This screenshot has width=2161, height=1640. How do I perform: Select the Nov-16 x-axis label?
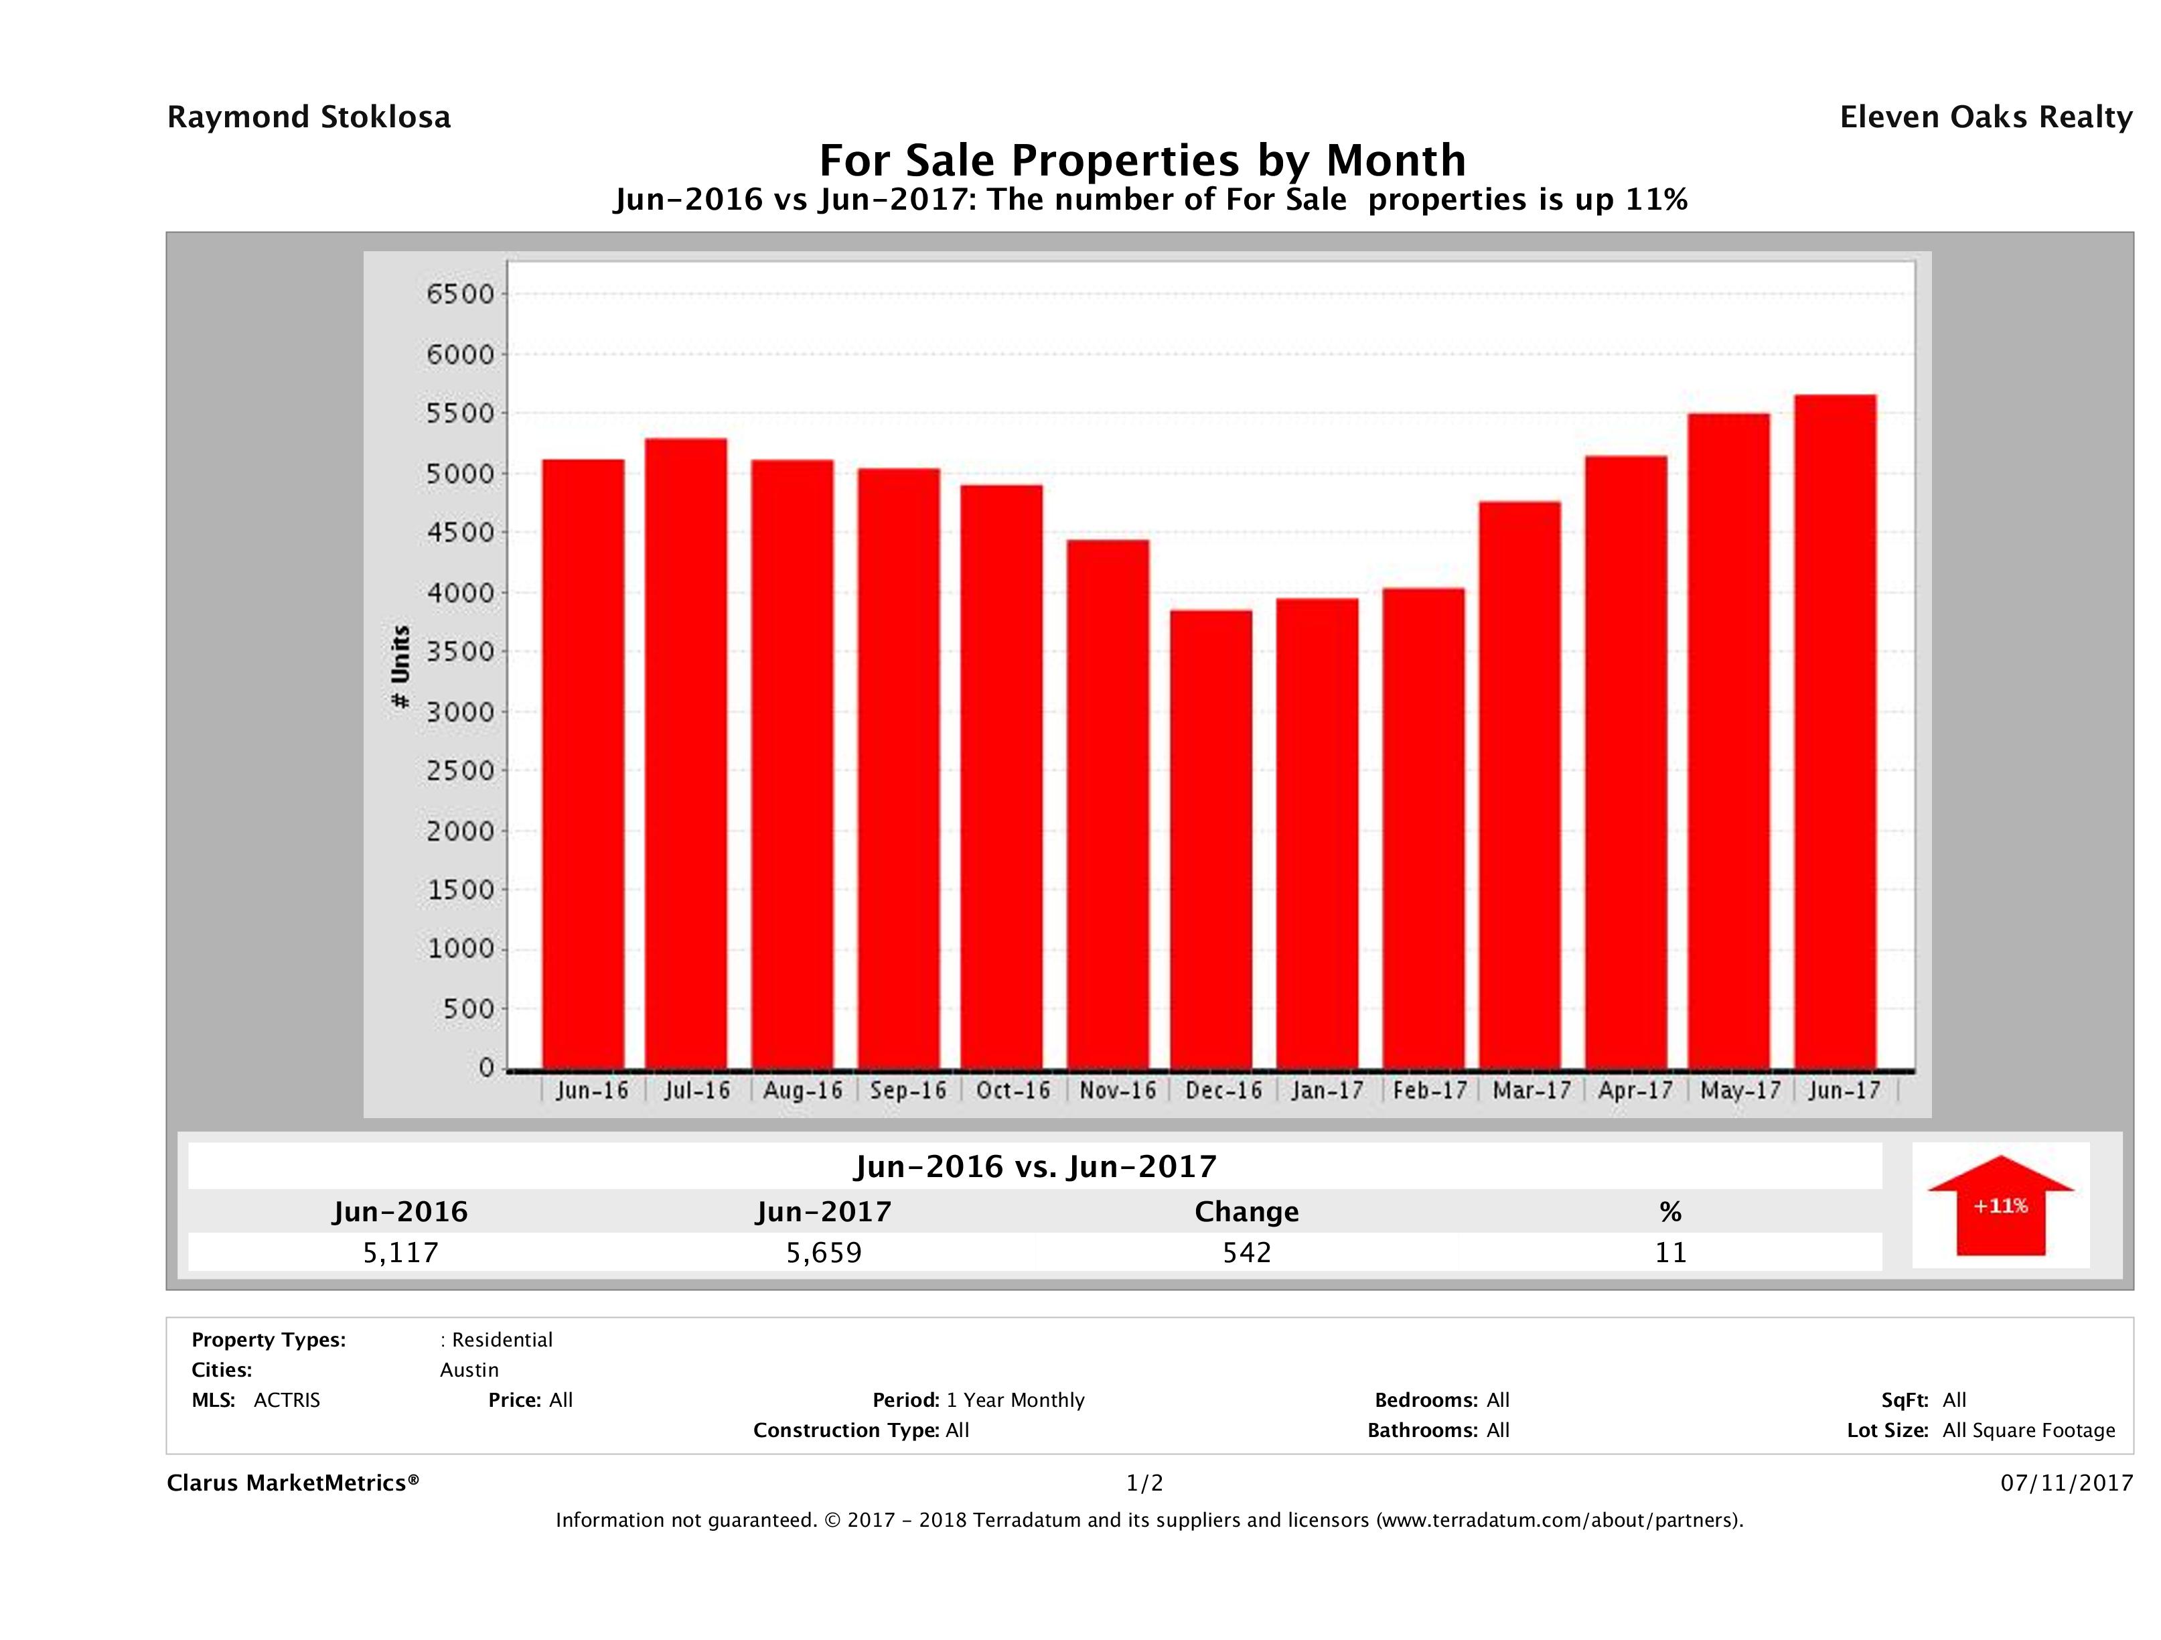click(x=1118, y=1090)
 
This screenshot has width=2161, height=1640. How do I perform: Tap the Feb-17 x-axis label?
click(x=1429, y=1090)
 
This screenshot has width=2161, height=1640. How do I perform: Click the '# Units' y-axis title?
click(x=400, y=667)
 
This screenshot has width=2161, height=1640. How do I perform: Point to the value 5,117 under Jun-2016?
click(x=400, y=1252)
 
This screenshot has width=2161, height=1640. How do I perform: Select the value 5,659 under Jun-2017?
click(x=824, y=1252)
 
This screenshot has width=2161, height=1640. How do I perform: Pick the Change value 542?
click(x=1247, y=1252)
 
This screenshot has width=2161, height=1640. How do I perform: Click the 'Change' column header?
click(x=1247, y=1212)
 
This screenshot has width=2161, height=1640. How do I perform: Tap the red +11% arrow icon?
click(x=2000, y=1205)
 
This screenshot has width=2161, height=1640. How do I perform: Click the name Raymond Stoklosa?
click(x=309, y=117)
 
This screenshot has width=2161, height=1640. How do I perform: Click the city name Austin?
click(x=469, y=1370)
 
